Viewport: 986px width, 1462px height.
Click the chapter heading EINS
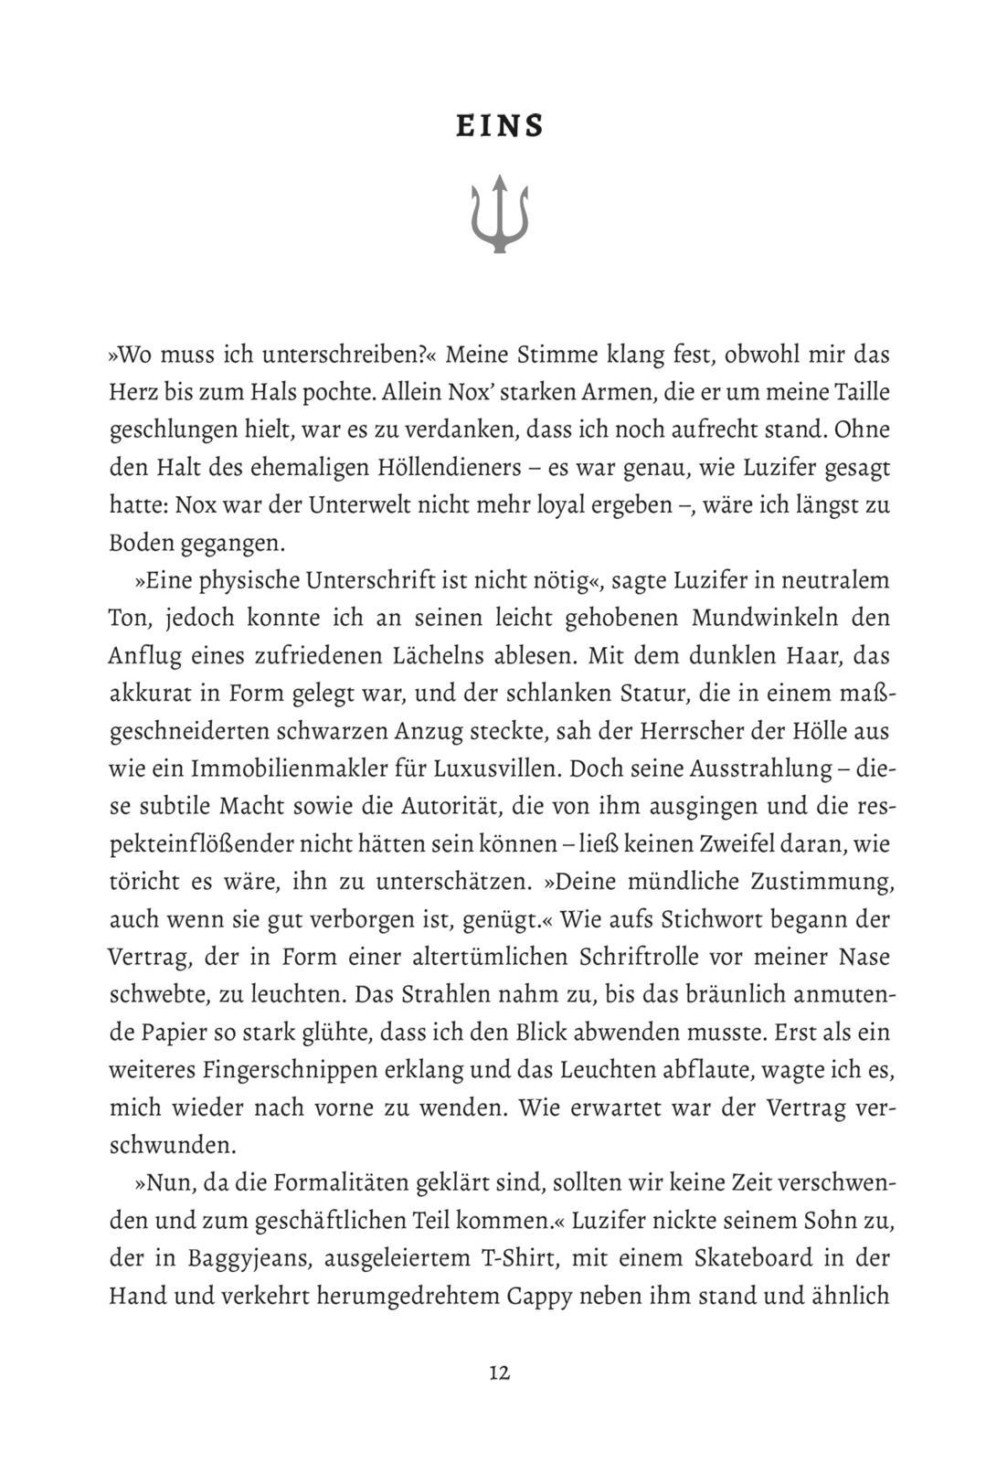pos(500,126)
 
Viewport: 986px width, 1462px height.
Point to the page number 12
pos(499,1373)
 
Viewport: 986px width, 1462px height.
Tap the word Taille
pos(860,393)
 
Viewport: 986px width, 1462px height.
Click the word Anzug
pos(425,732)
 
